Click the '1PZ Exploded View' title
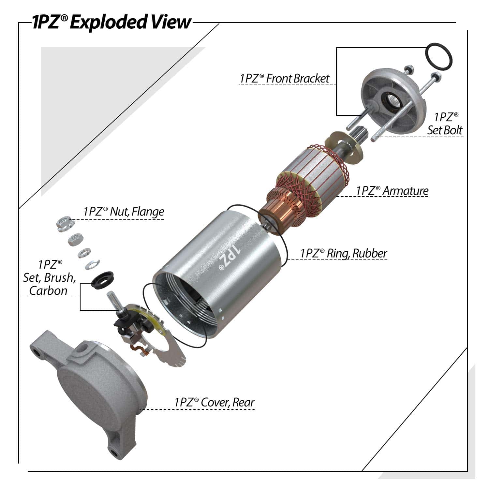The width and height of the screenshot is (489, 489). (x=111, y=22)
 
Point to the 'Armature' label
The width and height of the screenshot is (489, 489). (x=392, y=191)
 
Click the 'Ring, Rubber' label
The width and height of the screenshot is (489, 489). (x=344, y=253)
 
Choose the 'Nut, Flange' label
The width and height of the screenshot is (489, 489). (x=124, y=212)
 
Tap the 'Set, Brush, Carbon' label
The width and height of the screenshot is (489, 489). (x=49, y=277)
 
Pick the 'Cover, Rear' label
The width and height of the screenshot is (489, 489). (x=214, y=402)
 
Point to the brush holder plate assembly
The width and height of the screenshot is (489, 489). (x=150, y=333)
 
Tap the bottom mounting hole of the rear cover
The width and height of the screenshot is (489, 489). (x=114, y=452)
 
